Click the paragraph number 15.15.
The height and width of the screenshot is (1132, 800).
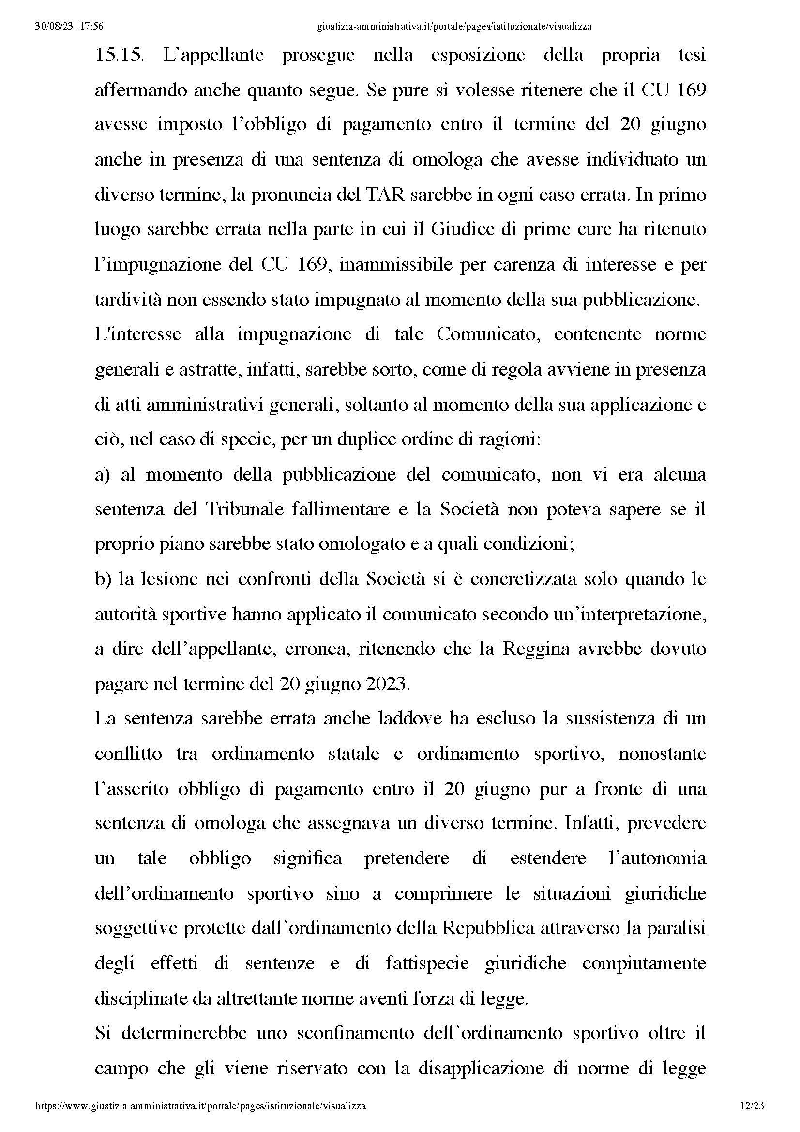pyautogui.click(x=119, y=55)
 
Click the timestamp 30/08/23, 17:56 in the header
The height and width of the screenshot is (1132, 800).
pyautogui.click(x=70, y=27)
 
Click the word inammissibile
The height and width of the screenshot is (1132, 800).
pyautogui.click(x=396, y=265)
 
